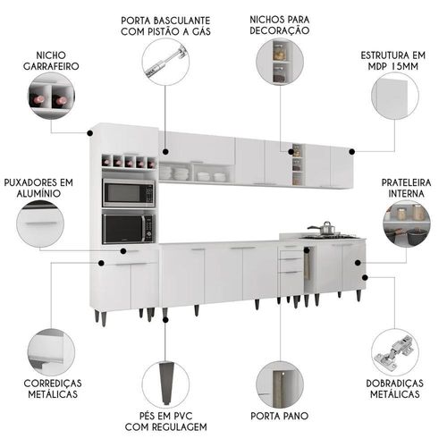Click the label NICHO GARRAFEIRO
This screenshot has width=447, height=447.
pyautogui.click(x=51, y=61)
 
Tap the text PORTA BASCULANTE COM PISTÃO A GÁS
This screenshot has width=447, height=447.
pyautogui.click(x=165, y=26)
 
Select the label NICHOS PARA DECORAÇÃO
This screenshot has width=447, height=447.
pyautogui.click(x=280, y=25)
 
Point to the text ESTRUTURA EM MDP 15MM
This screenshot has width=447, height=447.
pyautogui.click(x=393, y=61)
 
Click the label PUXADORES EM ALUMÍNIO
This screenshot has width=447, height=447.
pyautogui.click(x=38, y=188)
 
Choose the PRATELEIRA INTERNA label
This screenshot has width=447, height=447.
pyautogui.click(x=406, y=188)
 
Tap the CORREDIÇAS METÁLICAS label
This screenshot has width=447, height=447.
pyautogui.click(x=53, y=389)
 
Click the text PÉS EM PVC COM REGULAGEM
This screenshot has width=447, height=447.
pyautogui.click(x=166, y=421)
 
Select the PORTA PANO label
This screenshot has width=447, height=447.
pyautogui.click(x=280, y=416)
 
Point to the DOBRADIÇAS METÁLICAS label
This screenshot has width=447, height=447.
pyautogui.click(x=395, y=389)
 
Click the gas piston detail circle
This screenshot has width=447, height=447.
pyautogui.click(x=165, y=63)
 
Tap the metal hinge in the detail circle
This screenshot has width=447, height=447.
pyautogui.click(x=394, y=351)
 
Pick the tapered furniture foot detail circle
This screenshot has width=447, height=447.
pyautogui.click(x=165, y=383)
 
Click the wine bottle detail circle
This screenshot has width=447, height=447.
pyautogui.click(x=51, y=96)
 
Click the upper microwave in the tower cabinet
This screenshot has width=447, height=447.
pyautogui.click(x=129, y=193)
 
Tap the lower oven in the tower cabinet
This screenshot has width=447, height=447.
pyautogui.click(x=129, y=228)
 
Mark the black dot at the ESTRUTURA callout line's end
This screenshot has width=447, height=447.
pyautogui.click(x=352, y=152)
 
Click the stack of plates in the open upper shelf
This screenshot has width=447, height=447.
pyautogui.click(x=181, y=173)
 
